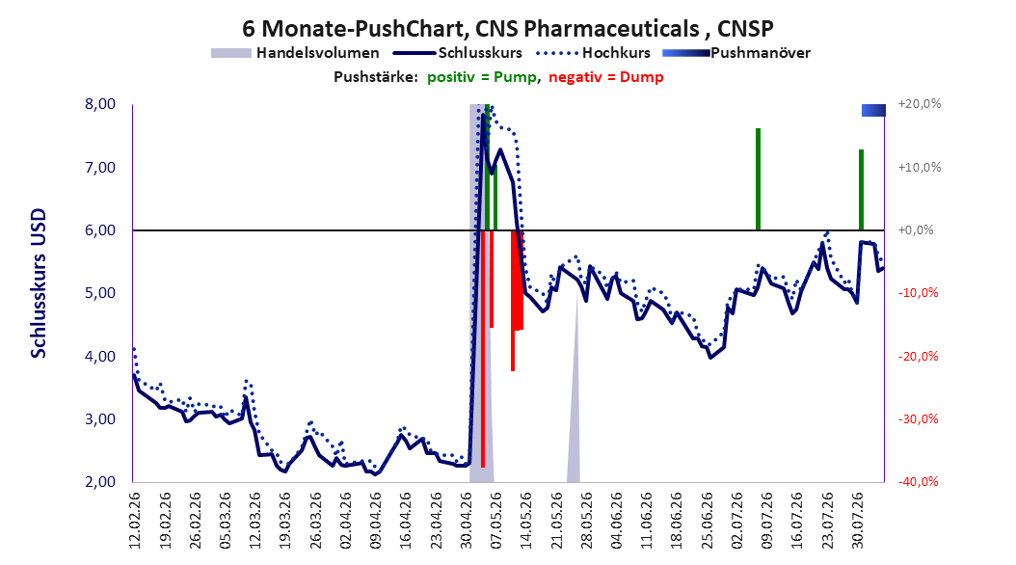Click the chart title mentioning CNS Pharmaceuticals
coord(507,29)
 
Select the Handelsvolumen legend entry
coord(295,53)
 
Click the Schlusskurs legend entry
coord(458,53)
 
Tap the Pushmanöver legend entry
coord(736,53)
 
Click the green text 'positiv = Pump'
coord(482,77)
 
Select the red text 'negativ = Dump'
coord(606,77)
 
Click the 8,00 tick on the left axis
coord(100,104)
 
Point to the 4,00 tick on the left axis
coord(100,357)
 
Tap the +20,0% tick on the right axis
coord(920,104)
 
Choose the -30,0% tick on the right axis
coord(918,419)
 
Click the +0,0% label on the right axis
coord(916,230)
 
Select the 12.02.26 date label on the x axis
coord(135,521)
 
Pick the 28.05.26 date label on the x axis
coord(586,521)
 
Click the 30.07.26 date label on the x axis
coord(857,521)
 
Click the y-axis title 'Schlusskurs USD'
coord(39,283)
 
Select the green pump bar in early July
coord(758,179)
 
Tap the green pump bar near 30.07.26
coord(861,190)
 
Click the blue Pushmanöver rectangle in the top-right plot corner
coord(872,111)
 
